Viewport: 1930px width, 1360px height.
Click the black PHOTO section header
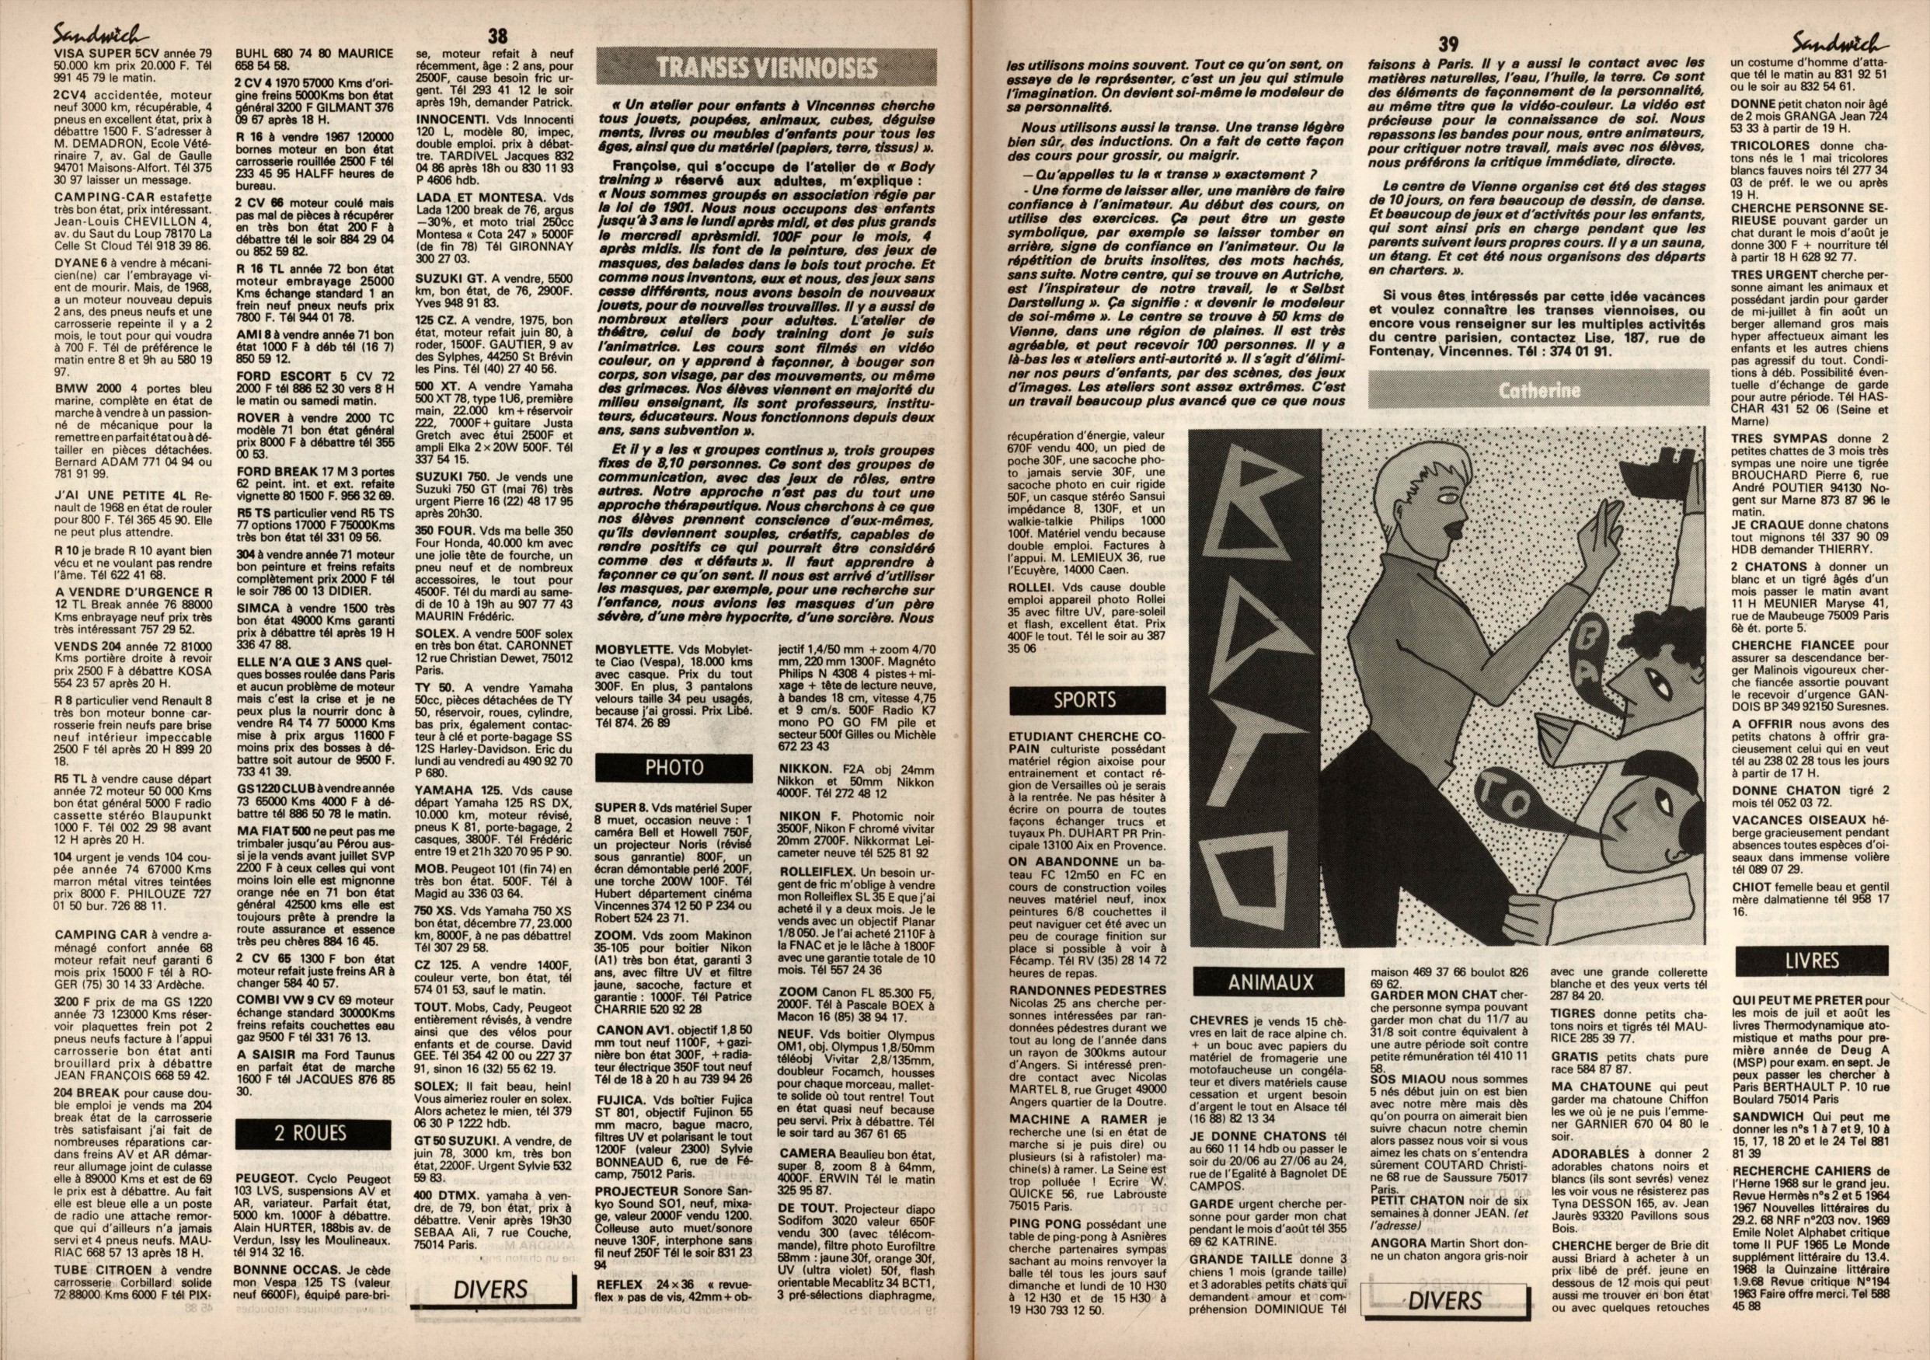[675, 767]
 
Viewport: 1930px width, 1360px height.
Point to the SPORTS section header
[1086, 700]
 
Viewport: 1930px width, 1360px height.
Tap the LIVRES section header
[1813, 961]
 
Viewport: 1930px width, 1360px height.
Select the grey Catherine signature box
[1538, 390]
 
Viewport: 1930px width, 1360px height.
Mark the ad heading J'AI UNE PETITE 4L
[120, 496]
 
